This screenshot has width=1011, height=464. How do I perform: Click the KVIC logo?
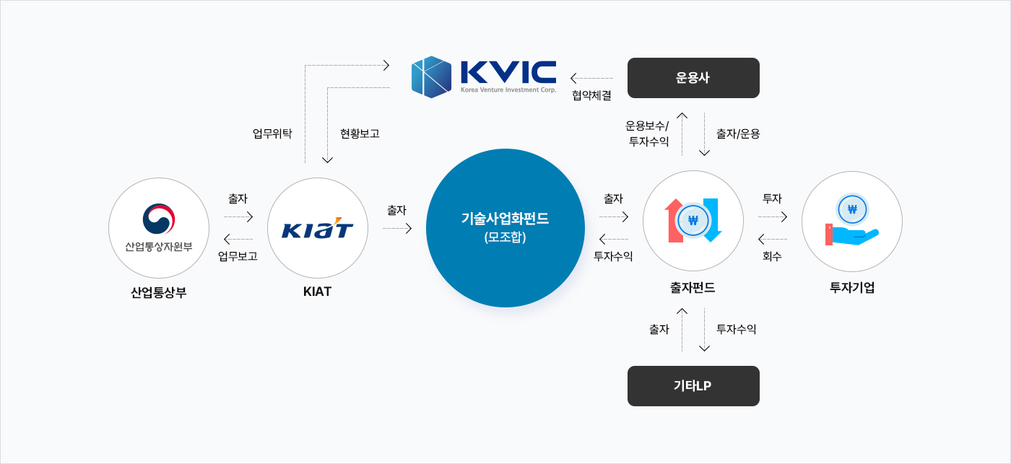pos(484,77)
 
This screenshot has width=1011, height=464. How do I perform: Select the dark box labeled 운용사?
pos(693,78)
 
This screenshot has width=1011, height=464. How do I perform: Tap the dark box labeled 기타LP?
pos(693,386)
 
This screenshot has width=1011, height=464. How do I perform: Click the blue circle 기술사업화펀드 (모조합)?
pos(506,228)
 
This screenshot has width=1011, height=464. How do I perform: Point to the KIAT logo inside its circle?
pos(318,229)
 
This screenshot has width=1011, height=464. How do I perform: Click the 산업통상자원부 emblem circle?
pos(159,228)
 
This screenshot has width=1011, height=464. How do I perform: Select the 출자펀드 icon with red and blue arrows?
pos(693,221)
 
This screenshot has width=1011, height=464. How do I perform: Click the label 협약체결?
pos(591,95)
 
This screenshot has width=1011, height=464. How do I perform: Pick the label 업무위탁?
pos(272,133)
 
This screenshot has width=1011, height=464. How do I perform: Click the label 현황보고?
pos(360,133)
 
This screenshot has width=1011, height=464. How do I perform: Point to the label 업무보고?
pos(238,255)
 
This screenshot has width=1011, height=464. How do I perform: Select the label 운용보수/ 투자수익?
pos(648,133)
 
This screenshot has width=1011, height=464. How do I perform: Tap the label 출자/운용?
pos(738,133)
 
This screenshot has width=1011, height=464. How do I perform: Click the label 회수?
pos(772,255)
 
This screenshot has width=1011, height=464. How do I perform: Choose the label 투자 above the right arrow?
pos(772,198)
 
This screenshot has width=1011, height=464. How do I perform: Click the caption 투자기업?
pos(852,288)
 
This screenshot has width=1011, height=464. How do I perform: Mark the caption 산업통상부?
pos(159,292)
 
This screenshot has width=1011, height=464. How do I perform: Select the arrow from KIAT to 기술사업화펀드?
pos(397,229)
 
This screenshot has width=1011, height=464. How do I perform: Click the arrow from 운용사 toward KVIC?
pos(591,78)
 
